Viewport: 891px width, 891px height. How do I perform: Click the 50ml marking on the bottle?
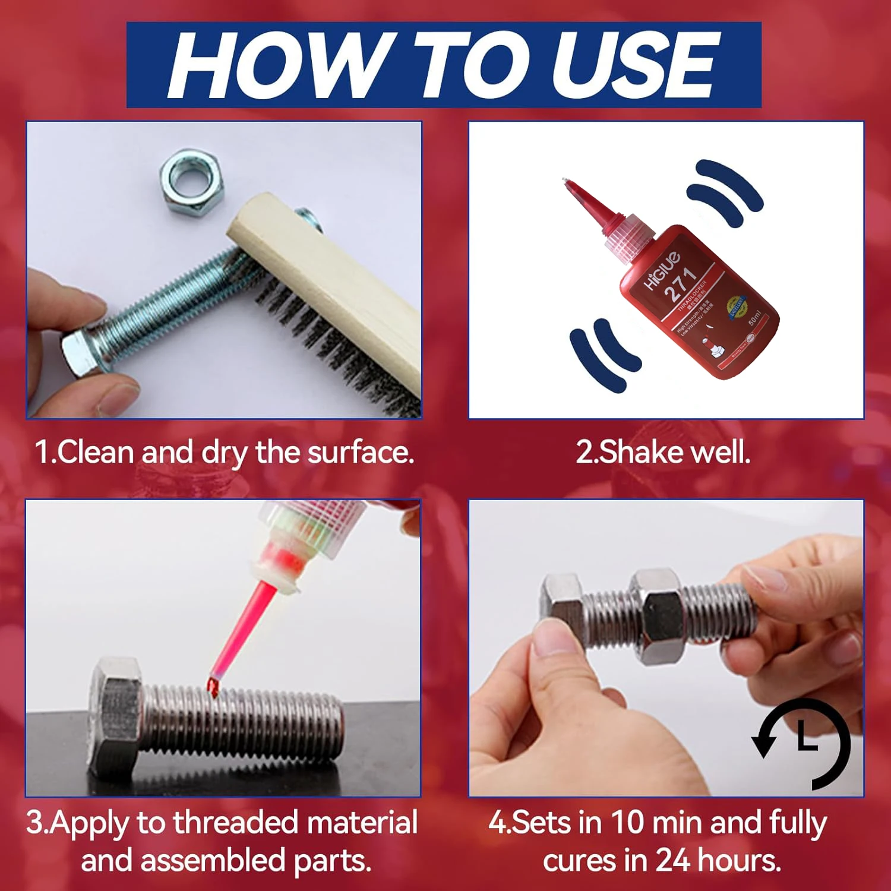[x=754, y=317]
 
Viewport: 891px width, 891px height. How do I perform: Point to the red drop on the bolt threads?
[x=213, y=687]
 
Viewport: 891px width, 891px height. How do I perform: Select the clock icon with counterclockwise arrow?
[x=802, y=742]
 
